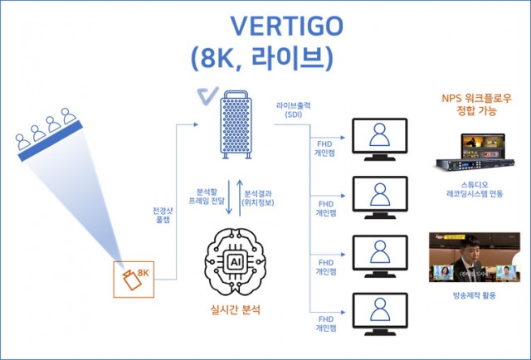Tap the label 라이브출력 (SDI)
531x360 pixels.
294,111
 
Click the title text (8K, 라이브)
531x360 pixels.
261,58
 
